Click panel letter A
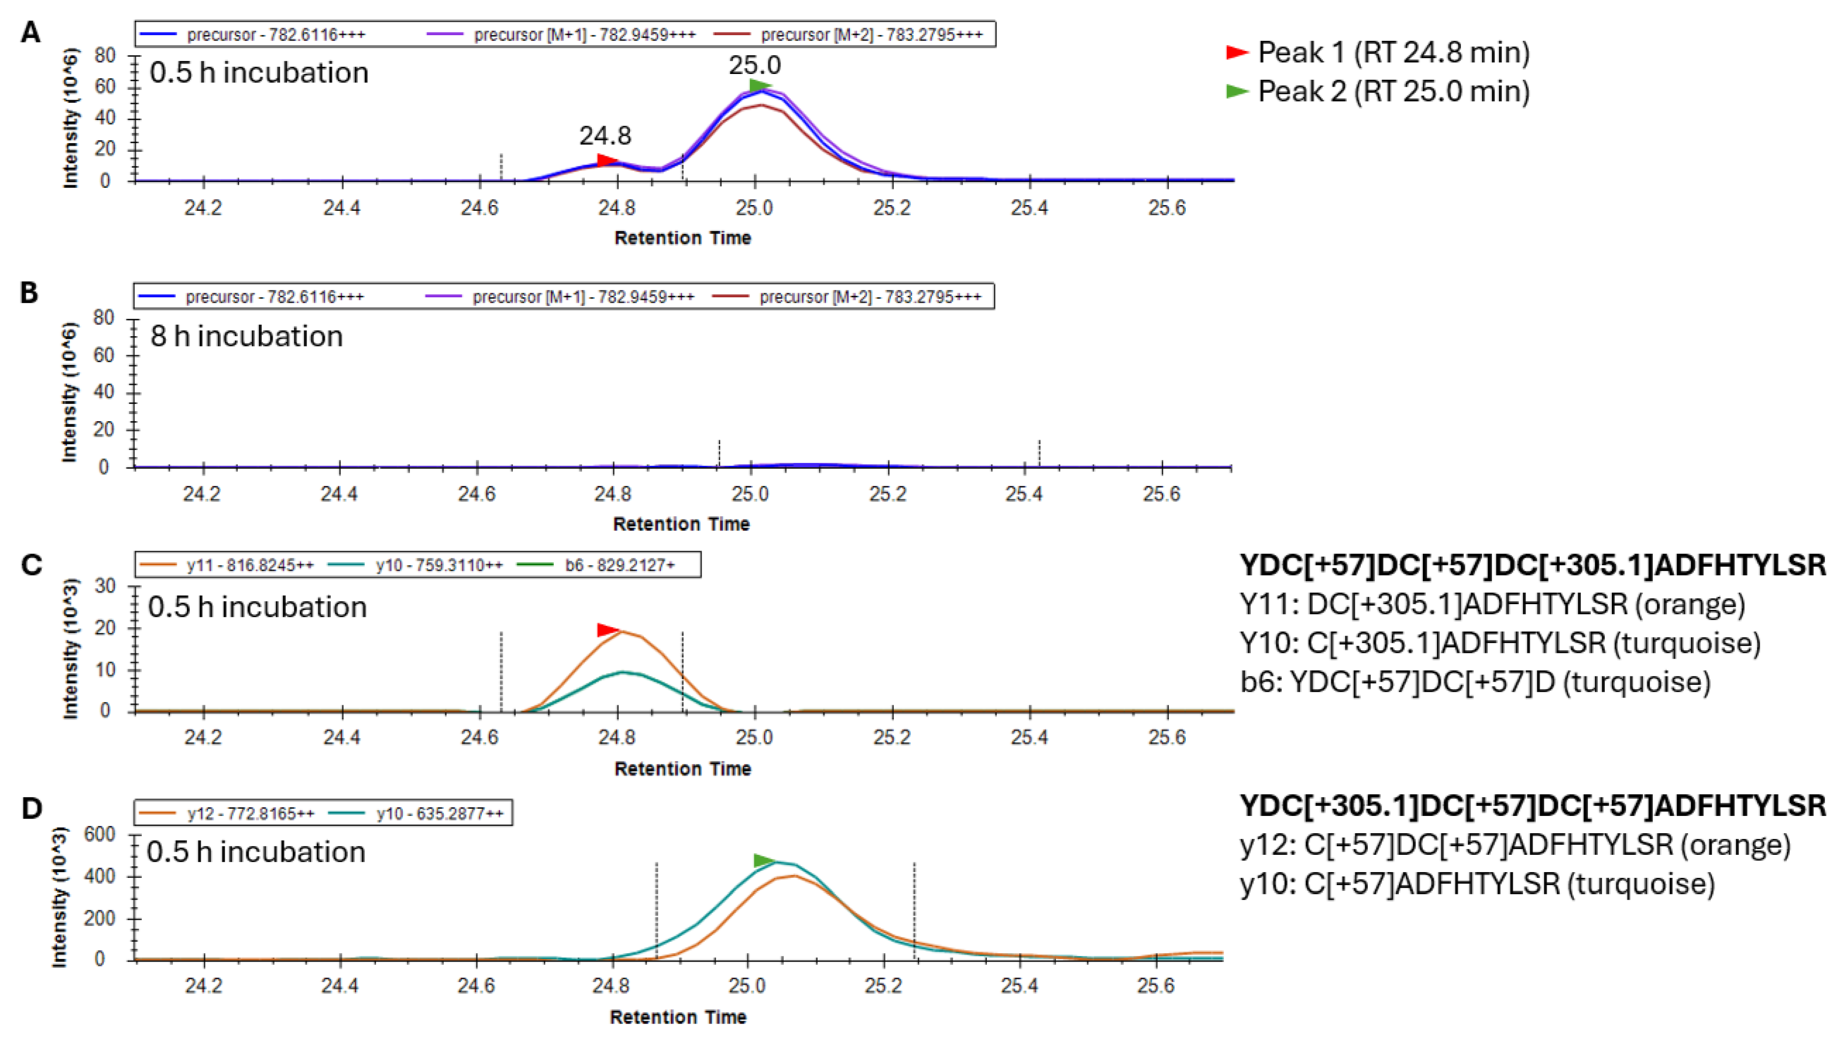click(30, 32)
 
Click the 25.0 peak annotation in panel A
click(755, 65)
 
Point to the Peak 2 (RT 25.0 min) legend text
click(1394, 92)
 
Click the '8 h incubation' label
click(247, 336)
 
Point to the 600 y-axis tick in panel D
click(100, 834)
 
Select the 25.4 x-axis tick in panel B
click(1024, 493)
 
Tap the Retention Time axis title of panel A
click(683, 238)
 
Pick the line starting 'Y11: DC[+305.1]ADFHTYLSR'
click(1492, 605)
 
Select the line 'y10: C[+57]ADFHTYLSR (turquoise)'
click(1477, 883)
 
